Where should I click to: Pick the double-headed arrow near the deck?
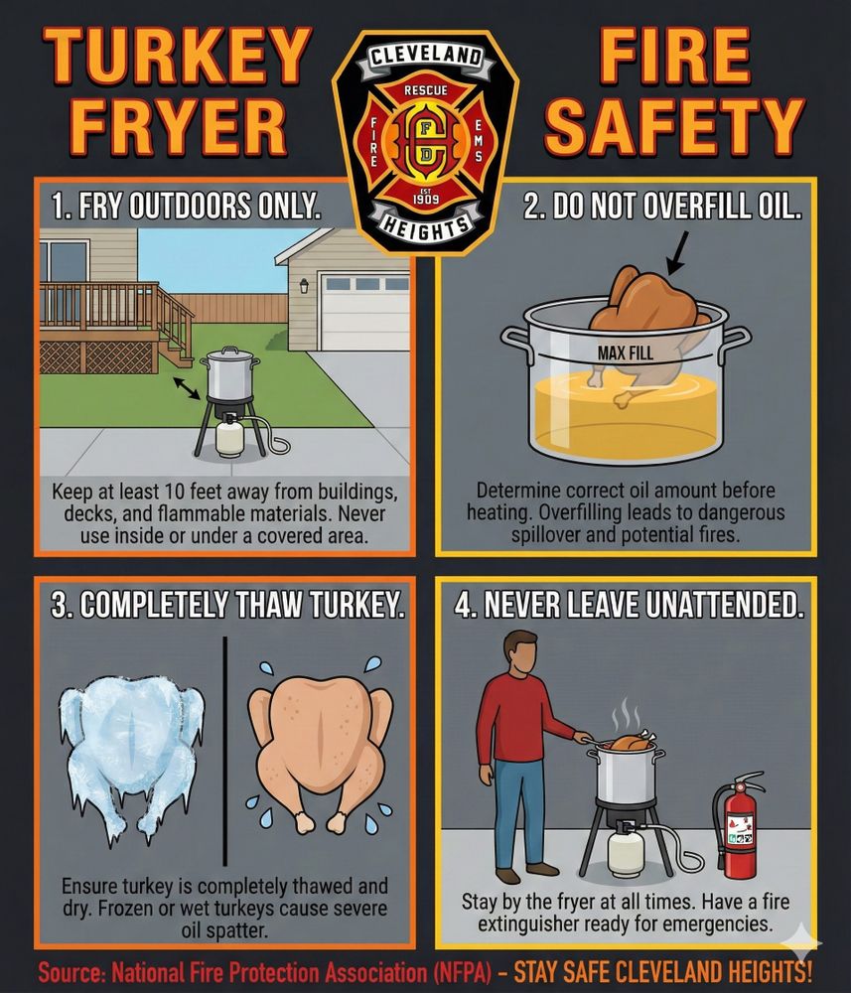pos(187,387)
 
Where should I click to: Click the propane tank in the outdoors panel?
pos(229,438)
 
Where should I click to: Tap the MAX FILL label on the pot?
pos(625,353)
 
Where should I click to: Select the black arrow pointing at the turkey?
pos(678,252)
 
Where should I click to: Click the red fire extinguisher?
pos(738,824)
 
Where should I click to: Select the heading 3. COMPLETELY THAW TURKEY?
pos(227,605)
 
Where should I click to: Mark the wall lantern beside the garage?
pos(304,286)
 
